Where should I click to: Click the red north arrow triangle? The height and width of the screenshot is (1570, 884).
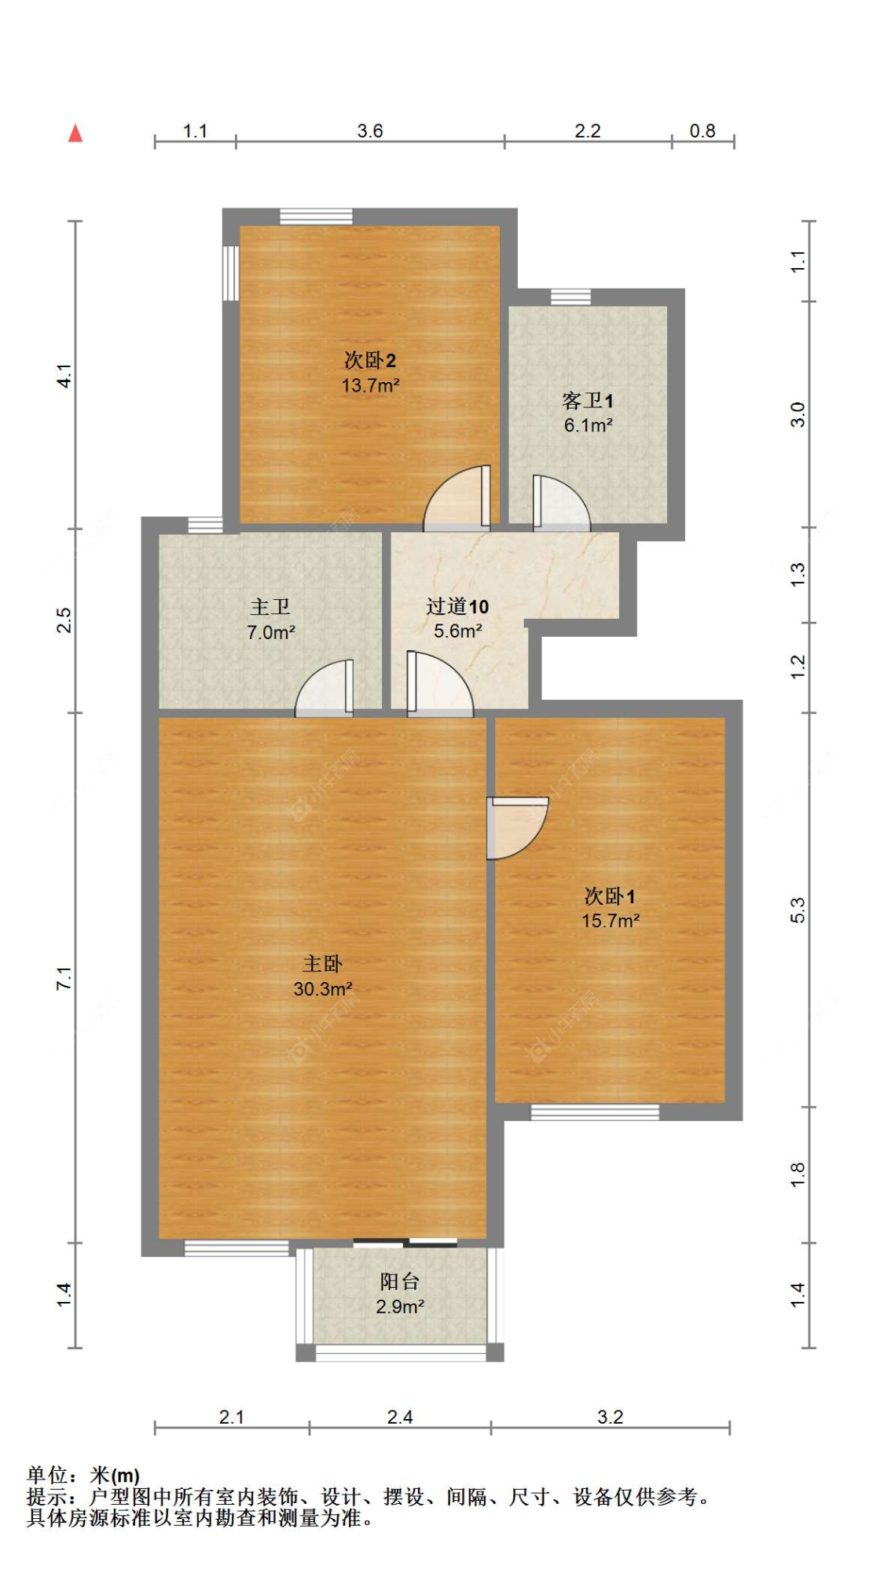click(x=75, y=134)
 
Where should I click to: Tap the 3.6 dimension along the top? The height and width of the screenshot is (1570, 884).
click(x=369, y=131)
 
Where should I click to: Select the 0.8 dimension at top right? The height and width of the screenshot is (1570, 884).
click(x=702, y=131)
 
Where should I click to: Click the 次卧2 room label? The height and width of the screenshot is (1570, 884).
click(x=369, y=360)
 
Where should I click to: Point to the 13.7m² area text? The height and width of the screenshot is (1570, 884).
click(x=369, y=385)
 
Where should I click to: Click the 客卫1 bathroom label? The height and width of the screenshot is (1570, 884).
click(x=587, y=401)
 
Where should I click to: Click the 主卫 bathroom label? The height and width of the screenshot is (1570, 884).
click(x=270, y=606)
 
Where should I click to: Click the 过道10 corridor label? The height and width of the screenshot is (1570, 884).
click(x=457, y=606)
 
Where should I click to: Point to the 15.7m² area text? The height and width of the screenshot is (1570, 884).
click(x=610, y=921)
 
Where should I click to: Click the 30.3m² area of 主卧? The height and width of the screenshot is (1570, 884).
click(x=322, y=989)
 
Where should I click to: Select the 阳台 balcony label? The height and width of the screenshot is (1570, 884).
click(x=399, y=1281)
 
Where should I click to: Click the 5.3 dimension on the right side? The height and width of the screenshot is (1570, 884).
click(x=798, y=910)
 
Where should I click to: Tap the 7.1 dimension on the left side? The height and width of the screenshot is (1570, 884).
click(x=64, y=978)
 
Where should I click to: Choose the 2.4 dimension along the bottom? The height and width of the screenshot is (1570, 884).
click(x=399, y=1417)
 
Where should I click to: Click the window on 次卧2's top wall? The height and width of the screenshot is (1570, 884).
click(x=316, y=216)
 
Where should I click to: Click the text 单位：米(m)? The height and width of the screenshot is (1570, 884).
click(x=83, y=1476)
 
